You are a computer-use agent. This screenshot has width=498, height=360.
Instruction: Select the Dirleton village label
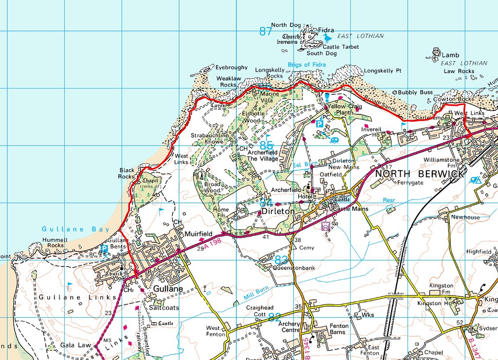[x=278, y=212]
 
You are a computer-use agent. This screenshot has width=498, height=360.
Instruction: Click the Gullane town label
[x=168, y=288]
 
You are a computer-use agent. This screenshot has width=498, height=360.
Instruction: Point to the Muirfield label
[x=198, y=234]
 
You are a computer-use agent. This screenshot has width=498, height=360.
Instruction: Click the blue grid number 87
[x=266, y=32]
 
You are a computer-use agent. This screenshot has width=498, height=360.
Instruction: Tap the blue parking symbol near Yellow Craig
[x=320, y=124]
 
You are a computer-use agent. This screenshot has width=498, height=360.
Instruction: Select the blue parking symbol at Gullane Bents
[x=104, y=249]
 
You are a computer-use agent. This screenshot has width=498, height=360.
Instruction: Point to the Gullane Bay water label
[x=69, y=229]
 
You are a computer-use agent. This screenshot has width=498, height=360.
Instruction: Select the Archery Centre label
[x=290, y=327]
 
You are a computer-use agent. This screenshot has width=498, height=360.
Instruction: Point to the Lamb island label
[x=450, y=55]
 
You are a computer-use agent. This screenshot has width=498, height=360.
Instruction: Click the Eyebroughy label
[x=231, y=68]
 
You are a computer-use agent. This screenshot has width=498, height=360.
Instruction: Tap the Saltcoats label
[x=164, y=308]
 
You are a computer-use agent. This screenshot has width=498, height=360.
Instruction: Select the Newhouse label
[x=465, y=217]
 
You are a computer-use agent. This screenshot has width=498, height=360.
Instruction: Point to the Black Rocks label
[x=127, y=174]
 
